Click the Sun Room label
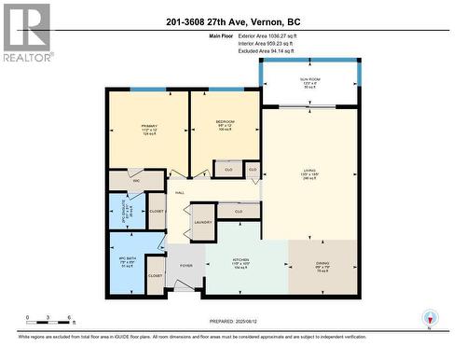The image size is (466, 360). click(x=309, y=81)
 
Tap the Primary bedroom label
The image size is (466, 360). click(x=148, y=124)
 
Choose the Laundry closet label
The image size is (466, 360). click(x=202, y=222)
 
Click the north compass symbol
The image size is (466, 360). click(x=429, y=318)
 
